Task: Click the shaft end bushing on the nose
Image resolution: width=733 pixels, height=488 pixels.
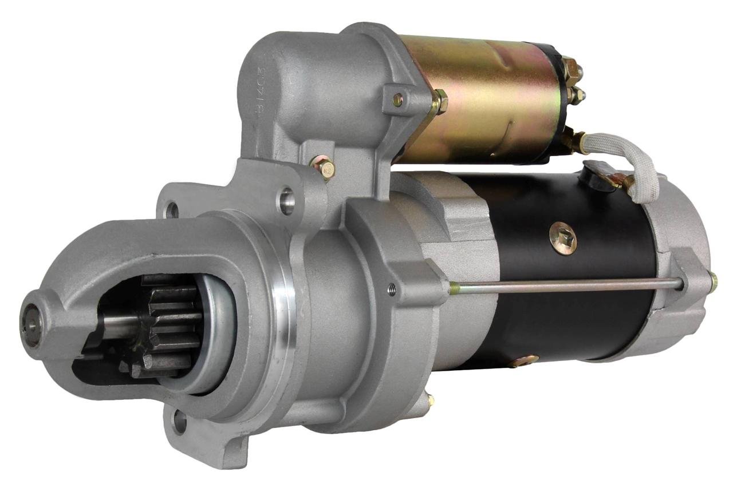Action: [x=31, y=323]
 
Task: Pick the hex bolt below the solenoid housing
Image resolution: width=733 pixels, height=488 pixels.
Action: [x=324, y=168]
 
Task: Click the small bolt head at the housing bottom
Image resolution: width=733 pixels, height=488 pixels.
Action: [x=430, y=400]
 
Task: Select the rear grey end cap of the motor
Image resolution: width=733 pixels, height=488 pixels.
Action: [x=681, y=269]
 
